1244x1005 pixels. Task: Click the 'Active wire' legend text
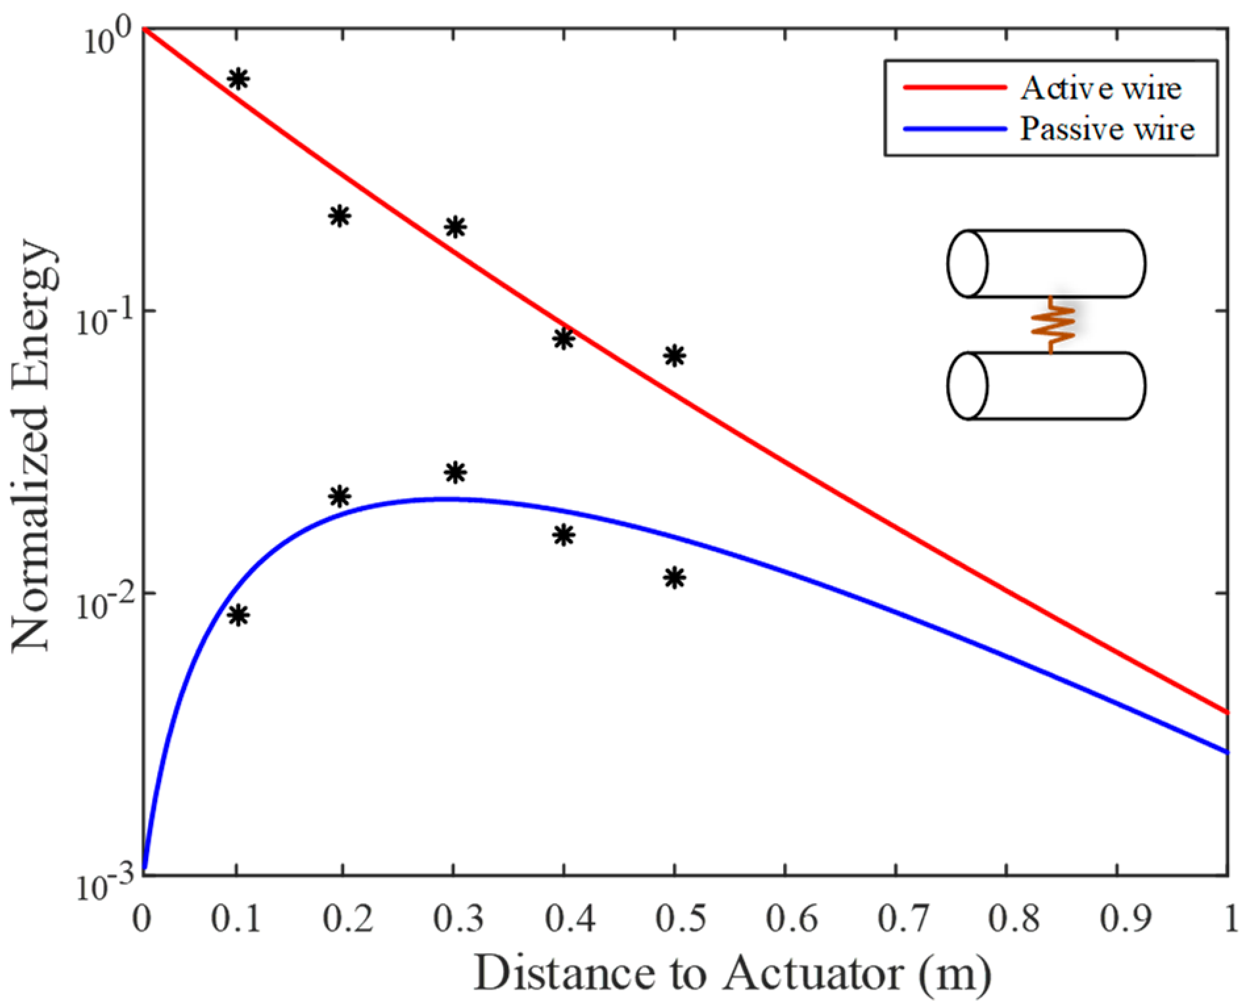pyautogui.click(x=1100, y=88)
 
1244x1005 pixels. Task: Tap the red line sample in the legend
pyautogui.click(x=955, y=87)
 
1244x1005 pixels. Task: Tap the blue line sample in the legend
pyautogui.click(x=955, y=128)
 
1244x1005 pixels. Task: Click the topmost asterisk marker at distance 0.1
pyautogui.click(x=238, y=79)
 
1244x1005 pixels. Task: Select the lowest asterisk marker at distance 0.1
pyautogui.click(x=238, y=616)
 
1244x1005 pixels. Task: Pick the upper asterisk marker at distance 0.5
pyautogui.click(x=674, y=356)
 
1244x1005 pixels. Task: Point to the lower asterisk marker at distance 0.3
pyautogui.click(x=455, y=472)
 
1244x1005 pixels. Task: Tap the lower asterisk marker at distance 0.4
pyautogui.click(x=563, y=535)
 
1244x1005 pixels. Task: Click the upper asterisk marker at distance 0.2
pyautogui.click(x=339, y=216)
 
